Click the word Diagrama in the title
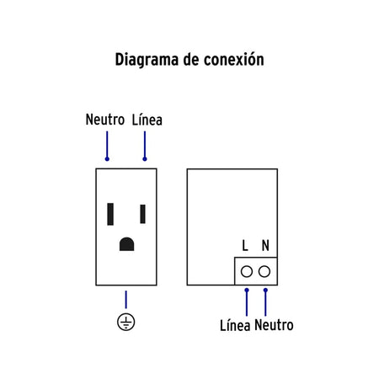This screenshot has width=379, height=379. pos(147,60)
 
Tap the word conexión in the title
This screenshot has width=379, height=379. pos(234,59)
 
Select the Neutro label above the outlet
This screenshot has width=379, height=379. pos(105,120)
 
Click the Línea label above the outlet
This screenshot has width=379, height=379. pos(147,120)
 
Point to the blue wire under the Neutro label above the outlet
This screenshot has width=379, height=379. pos(107,146)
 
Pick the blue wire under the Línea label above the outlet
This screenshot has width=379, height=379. pos(145,146)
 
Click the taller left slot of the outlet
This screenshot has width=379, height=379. pos(110,214)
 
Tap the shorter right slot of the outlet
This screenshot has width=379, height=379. pos(143,214)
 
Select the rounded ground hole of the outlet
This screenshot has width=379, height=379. pos(126,244)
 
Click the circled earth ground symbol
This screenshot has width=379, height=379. pos(126,322)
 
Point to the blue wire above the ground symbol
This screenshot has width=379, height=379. pos(126,300)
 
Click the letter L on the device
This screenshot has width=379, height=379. pos(245,245)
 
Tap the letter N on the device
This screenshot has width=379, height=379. pos(265,245)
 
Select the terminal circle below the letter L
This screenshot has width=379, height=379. pos(247,272)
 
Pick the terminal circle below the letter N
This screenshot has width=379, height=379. pos(264,272)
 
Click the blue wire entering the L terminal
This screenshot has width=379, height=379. pos(247,302)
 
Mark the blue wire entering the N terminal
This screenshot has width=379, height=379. pos(265,302)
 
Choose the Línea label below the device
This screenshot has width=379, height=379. pos(235,326)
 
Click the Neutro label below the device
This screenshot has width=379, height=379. pos(274,325)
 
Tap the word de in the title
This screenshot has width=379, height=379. pos(191,60)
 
